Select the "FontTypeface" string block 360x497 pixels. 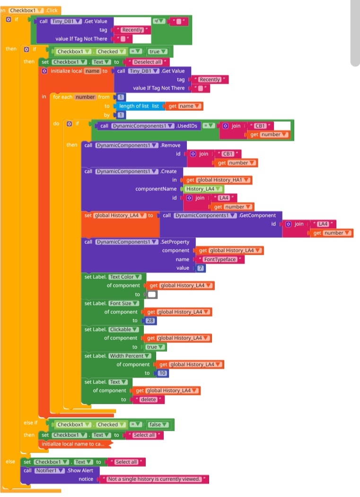[x=220, y=259]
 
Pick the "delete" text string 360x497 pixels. [x=148, y=399]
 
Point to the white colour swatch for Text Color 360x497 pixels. [x=151, y=294]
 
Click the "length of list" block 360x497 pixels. [x=135, y=106]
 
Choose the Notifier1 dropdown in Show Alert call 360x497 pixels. [x=49, y=470]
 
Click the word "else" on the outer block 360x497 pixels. [x=10, y=461]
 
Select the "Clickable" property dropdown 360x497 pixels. [x=124, y=329]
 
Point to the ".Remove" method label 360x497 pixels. [x=170, y=145]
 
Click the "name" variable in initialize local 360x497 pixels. [x=92, y=71]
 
